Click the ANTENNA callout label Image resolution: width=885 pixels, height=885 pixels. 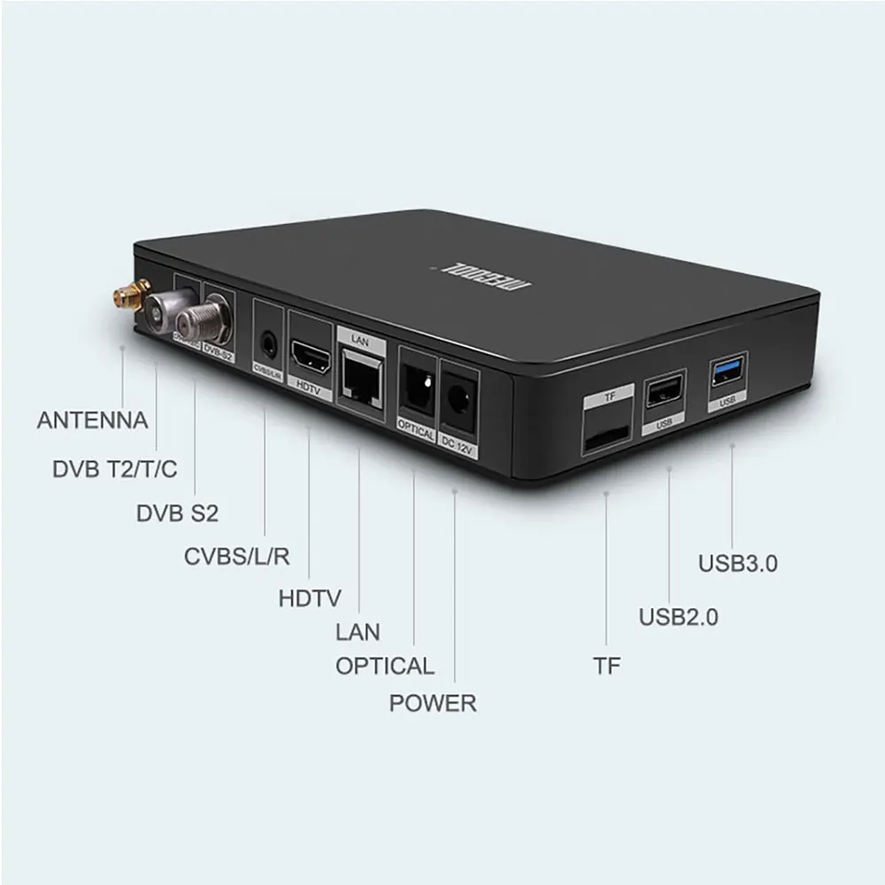coord(92,419)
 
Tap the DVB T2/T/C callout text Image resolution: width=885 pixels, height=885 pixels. coord(115,468)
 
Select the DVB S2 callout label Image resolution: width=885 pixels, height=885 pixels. coord(177,513)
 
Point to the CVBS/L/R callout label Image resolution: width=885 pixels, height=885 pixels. coord(236,557)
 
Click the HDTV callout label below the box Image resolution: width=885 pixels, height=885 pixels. coord(310,598)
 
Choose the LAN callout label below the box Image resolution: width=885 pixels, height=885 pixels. coord(358,632)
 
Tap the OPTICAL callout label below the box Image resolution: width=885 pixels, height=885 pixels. coord(385,666)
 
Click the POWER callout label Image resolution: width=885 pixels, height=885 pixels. coord(433,704)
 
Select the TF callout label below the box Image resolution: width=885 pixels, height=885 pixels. coord(607,666)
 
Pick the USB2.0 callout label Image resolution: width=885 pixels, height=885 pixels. coord(679,618)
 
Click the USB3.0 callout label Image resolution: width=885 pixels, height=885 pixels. coord(738,564)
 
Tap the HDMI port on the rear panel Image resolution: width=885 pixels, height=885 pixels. coord(311,360)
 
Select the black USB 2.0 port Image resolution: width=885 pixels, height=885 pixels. coord(665,390)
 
